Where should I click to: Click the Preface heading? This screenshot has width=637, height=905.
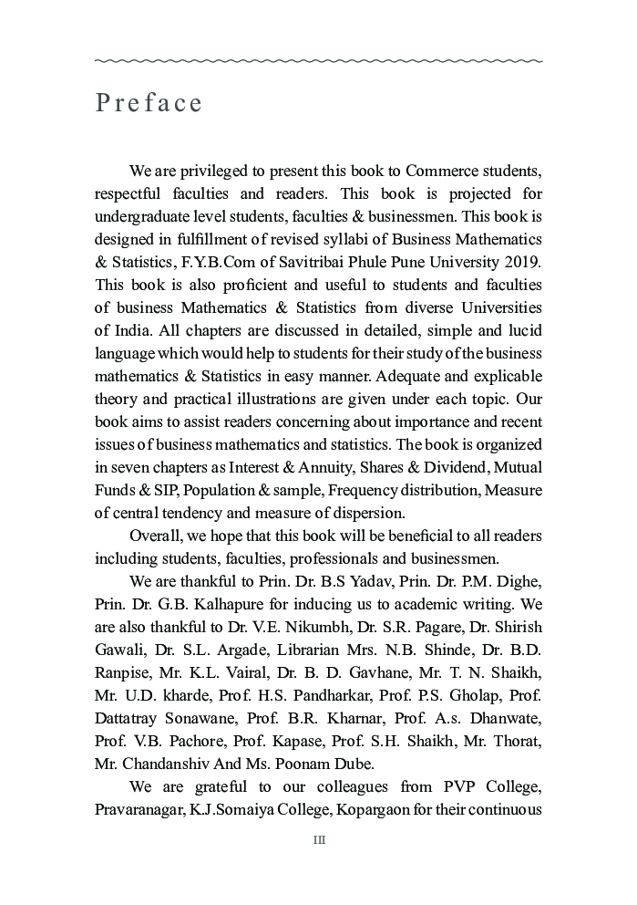point(149,103)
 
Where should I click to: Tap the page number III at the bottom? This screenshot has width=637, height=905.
point(319,840)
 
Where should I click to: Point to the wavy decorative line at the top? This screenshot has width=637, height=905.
point(319,61)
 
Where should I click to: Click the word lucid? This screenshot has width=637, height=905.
point(523,331)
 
